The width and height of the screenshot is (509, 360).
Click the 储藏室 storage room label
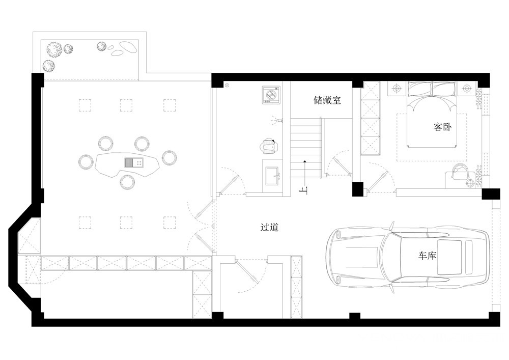tap(327, 100)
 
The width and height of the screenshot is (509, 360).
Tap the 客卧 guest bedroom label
tap(442, 127)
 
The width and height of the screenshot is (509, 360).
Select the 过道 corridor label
tap(269, 227)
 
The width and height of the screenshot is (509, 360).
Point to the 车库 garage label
tap(427, 256)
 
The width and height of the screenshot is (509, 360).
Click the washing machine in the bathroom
tap(271, 95)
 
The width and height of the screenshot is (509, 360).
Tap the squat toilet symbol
tap(269, 146)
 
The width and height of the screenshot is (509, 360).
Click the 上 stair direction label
tap(304, 191)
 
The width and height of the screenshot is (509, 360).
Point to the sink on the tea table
tap(134, 162)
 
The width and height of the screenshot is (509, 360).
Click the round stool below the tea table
tap(128, 182)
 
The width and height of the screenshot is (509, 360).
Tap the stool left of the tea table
tap(86, 161)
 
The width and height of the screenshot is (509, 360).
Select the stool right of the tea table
tap(169, 157)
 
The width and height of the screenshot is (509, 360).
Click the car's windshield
tap(392, 257)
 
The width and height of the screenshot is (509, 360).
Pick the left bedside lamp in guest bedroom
tap(396, 88)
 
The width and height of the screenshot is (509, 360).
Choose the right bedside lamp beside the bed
tap(466, 88)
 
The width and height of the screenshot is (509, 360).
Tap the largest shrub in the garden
tap(54, 49)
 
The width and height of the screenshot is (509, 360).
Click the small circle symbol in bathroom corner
tap(227, 86)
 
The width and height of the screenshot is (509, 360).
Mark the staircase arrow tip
tap(304, 161)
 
